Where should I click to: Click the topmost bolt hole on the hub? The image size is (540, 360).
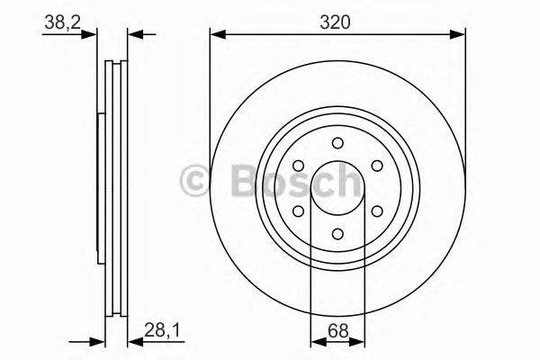[337, 142]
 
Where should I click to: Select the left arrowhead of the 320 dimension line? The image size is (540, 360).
[216, 34]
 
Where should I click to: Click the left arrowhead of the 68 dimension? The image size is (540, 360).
[316, 340]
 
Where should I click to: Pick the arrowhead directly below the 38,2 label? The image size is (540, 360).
[90, 34]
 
